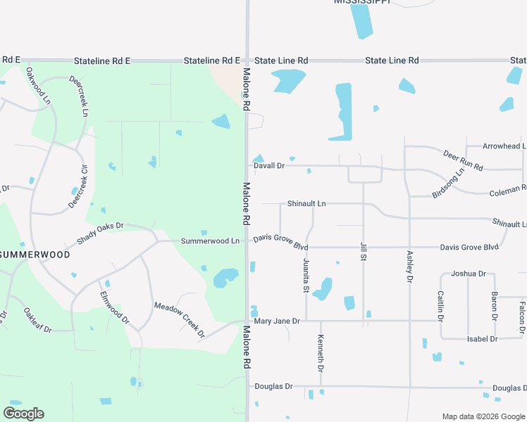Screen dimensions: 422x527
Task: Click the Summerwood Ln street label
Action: click(x=210, y=241)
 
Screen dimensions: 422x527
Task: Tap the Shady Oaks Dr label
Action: click(x=100, y=233)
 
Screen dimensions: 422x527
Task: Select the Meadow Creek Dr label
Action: click(x=179, y=319)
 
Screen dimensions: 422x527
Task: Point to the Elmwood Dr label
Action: click(x=115, y=307)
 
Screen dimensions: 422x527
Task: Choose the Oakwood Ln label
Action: click(x=39, y=84)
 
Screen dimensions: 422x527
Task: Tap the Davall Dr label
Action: click(x=269, y=166)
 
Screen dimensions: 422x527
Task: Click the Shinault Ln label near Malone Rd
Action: click(x=306, y=204)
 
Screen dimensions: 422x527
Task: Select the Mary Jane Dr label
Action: click(x=277, y=321)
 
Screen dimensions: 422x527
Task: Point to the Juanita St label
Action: click(x=306, y=275)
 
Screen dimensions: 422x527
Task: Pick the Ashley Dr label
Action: click(x=409, y=267)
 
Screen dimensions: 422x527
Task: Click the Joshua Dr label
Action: click(x=469, y=273)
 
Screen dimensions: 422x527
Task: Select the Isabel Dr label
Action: click(x=483, y=339)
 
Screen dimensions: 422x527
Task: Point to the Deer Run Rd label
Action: click(x=463, y=160)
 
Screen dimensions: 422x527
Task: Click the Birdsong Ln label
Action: click(x=449, y=182)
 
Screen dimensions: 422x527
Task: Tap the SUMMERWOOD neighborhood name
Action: click(x=35, y=255)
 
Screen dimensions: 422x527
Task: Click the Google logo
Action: click(x=23, y=414)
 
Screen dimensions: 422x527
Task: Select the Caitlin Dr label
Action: click(x=440, y=306)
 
